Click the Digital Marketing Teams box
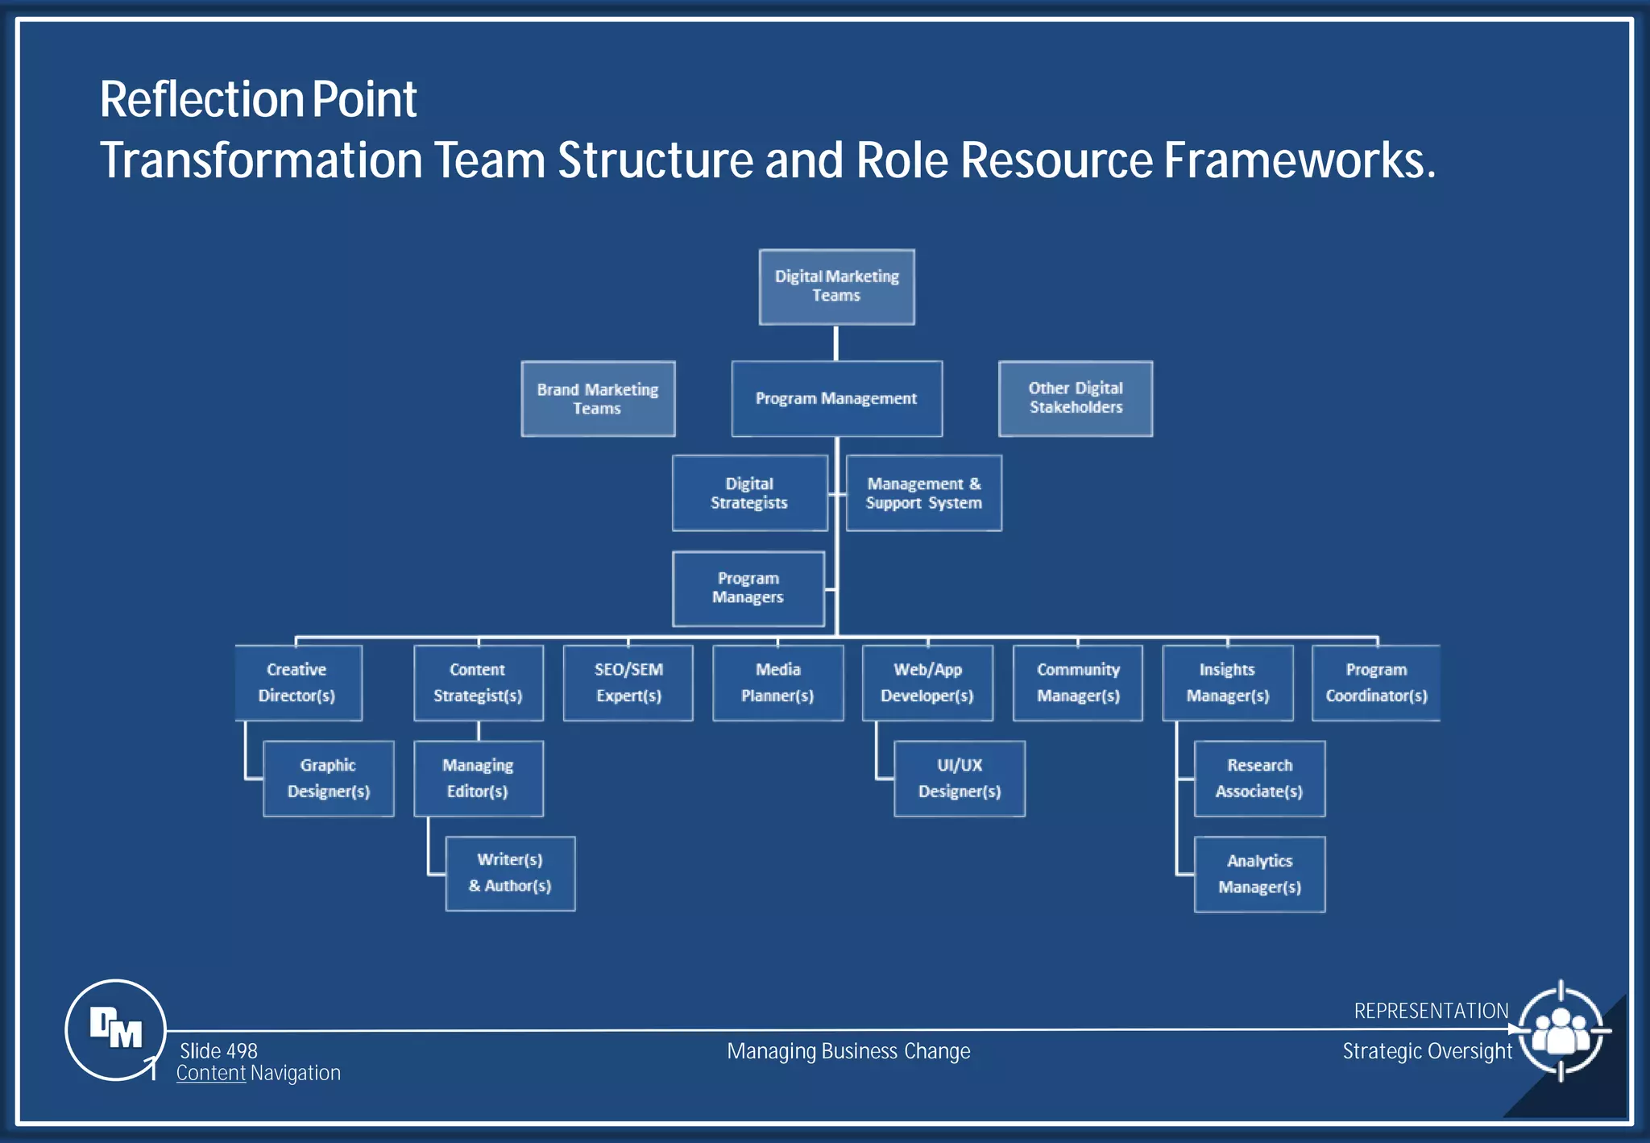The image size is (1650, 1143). pyautogui.click(x=836, y=287)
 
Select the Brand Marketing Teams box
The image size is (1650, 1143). pyautogui.click(x=598, y=399)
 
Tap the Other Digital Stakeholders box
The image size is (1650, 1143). pyautogui.click(x=1075, y=398)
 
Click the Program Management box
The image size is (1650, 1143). pyautogui.click(x=836, y=399)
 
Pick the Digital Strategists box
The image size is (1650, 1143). pyautogui.click(x=749, y=493)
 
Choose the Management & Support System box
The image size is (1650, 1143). pyautogui.click(x=923, y=493)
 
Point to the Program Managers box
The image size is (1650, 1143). pyautogui.click(x=748, y=588)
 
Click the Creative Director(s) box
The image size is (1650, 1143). pyautogui.click(x=297, y=683)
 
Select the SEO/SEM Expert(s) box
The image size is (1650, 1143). pyautogui.click(x=628, y=683)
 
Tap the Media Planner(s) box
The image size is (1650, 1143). pyautogui.click(x=777, y=683)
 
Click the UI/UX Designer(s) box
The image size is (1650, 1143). pyautogui.click(x=959, y=779)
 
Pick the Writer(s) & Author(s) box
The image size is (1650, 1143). pyautogui.click(x=510, y=874)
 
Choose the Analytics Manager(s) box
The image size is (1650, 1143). pyautogui.click(x=1259, y=875)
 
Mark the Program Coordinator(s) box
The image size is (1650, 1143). pyautogui.click(x=1376, y=683)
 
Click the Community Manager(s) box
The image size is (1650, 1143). pyautogui.click(x=1078, y=683)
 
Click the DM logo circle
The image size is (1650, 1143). pyautogui.click(x=115, y=1029)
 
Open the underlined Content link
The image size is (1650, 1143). pyautogui.click(x=211, y=1074)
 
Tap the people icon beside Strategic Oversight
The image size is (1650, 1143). pyautogui.click(x=1561, y=1031)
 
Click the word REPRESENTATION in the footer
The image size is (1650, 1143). pyautogui.click(x=1431, y=1011)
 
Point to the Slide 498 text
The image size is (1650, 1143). pyautogui.click(x=218, y=1051)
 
